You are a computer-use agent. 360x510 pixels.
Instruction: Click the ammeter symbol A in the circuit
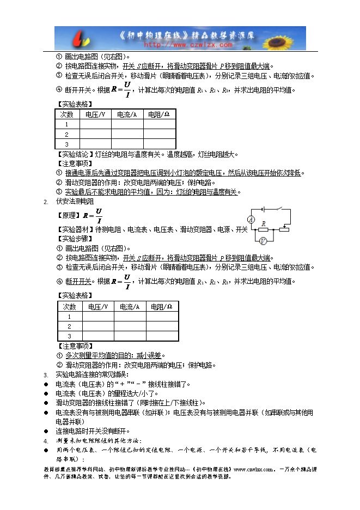[252, 219]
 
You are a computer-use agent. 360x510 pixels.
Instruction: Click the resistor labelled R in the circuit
[264, 229]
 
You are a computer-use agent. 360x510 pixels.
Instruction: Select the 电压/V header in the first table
[95, 114]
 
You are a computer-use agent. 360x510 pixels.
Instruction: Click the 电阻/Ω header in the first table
[159, 114]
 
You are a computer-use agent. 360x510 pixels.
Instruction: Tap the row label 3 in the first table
[66, 144]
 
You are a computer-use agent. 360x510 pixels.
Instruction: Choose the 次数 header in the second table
[70, 306]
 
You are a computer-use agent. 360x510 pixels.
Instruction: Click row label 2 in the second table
[70, 326]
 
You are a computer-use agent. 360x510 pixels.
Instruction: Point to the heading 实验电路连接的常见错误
[92, 375]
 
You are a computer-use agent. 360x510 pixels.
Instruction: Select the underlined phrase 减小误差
[150, 355]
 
